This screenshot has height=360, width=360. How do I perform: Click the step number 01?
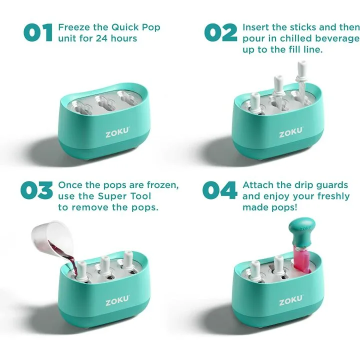(x=38, y=32)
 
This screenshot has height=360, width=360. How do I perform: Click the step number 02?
(x=221, y=32)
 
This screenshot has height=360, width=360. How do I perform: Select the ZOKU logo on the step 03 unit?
(x=117, y=301)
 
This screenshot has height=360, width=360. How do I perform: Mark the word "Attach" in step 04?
(x=257, y=185)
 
